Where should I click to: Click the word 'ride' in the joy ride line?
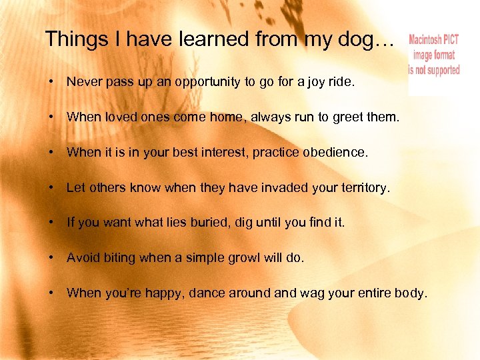340,83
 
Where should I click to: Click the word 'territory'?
361,188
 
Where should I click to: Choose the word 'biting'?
119,257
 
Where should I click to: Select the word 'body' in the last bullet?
411,293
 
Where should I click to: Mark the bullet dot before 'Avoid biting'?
51,257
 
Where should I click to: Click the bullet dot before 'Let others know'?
51,188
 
